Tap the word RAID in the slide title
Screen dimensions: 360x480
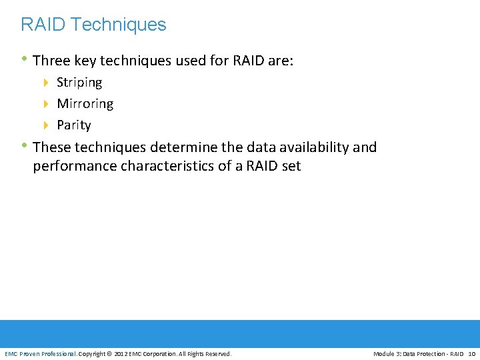(43, 25)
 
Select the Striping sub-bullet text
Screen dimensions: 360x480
(79, 83)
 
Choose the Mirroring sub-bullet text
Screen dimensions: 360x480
(85, 104)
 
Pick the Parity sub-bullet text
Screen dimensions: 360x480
(73, 125)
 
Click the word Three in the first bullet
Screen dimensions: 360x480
(51, 61)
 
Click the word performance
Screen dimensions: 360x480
(75, 166)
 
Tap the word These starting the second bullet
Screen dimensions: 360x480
(51, 147)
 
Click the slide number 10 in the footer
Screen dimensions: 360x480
(471, 353)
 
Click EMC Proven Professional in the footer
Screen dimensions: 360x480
(41, 353)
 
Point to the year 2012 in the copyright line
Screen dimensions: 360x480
(122, 353)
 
